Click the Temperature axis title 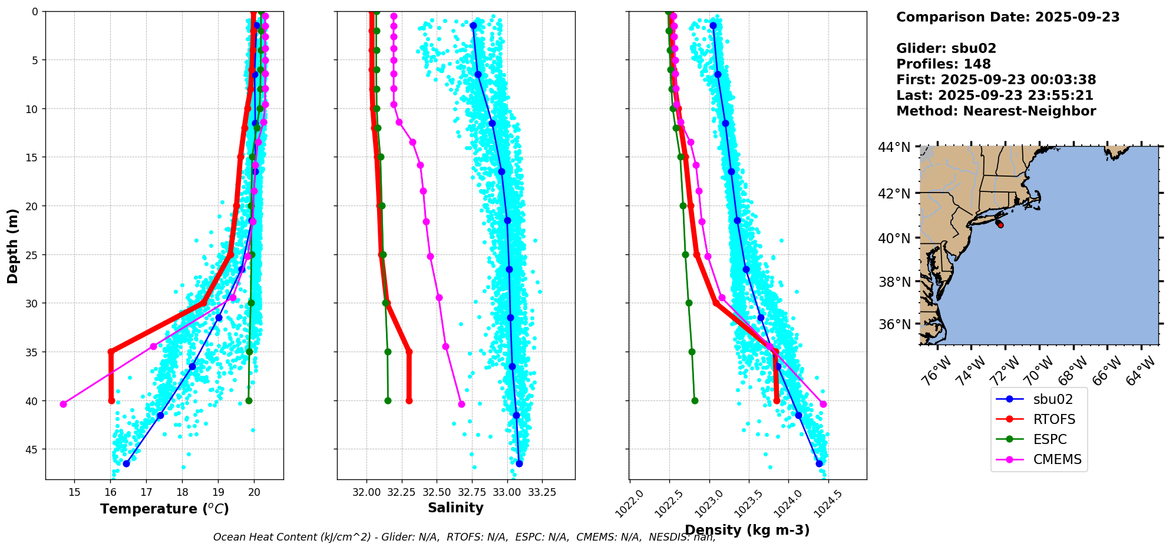pyautogui.click(x=164, y=509)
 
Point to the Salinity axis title pyautogui.click(x=455, y=508)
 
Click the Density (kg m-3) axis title pyautogui.click(x=747, y=530)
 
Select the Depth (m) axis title pyautogui.click(x=13, y=246)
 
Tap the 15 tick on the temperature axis pyautogui.click(x=74, y=492)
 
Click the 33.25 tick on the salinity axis pyautogui.click(x=542, y=492)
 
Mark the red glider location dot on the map pyautogui.click(x=1000, y=225)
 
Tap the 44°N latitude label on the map pyautogui.click(x=894, y=147)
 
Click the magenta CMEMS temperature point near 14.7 pyautogui.click(x=63, y=404)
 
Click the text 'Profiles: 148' pyautogui.click(x=943, y=64)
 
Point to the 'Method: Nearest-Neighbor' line pyautogui.click(x=996, y=111)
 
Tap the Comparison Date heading pyautogui.click(x=1008, y=17)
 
